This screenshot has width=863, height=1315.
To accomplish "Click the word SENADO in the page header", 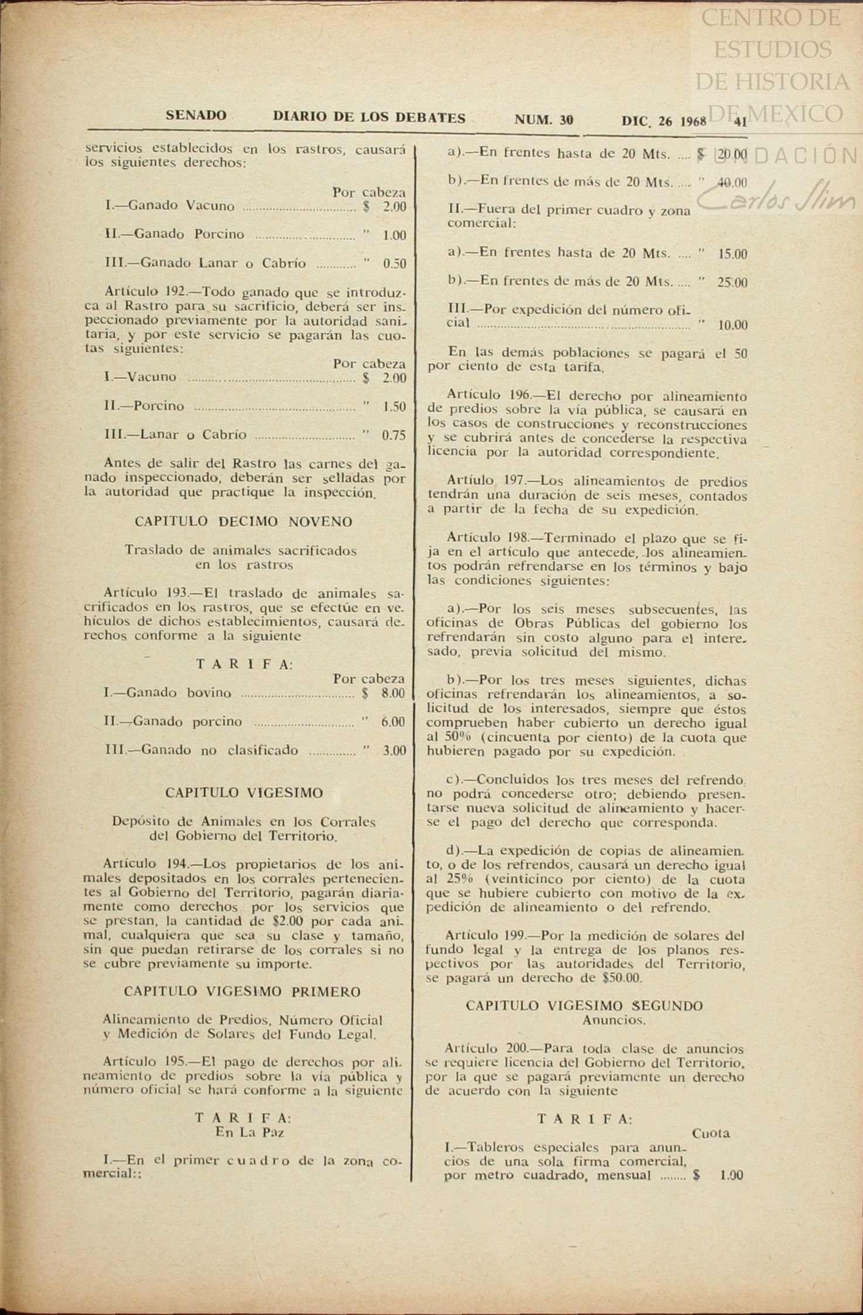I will (196, 115).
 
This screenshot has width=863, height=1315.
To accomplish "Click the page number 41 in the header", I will (740, 122).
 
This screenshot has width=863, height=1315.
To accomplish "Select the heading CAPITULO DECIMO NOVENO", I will (244, 522).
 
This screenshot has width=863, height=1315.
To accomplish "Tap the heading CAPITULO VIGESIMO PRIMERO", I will (242, 992).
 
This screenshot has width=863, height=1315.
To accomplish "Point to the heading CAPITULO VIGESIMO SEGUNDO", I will (584, 1006).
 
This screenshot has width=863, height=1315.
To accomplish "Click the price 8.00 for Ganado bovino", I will (392, 694).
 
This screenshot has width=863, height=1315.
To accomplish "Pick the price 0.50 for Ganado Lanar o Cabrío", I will (394, 264).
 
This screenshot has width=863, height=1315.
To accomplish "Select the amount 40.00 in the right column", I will (732, 183).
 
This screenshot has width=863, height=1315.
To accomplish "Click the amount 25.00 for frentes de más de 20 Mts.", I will (732, 282).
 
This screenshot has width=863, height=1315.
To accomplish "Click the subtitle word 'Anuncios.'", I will (614, 1020).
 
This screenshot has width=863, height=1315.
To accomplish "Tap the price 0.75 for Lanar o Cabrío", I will (393, 435).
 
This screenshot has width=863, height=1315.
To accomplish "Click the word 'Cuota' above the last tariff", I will (711, 1133).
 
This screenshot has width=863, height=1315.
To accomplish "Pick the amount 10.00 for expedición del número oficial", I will (732, 325).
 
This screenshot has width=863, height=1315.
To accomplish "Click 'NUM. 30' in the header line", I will (543, 120).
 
